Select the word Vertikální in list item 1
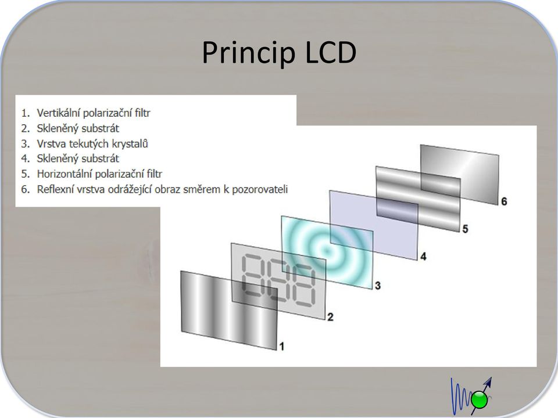click(x=60, y=113)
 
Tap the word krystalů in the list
click(x=130, y=143)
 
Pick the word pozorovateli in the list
click(x=260, y=189)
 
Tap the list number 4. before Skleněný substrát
click(x=25, y=158)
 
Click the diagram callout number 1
click(x=282, y=346)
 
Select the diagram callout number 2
click(x=330, y=317)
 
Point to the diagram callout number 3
click(x=378, y=285)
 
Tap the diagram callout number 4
click(x=423, y=256)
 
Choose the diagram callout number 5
click(x=465, y=229)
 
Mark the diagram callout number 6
click(x=504, y=201)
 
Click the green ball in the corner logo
click(x=479, y=400)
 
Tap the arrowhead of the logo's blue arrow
click(x=488, y=382)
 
